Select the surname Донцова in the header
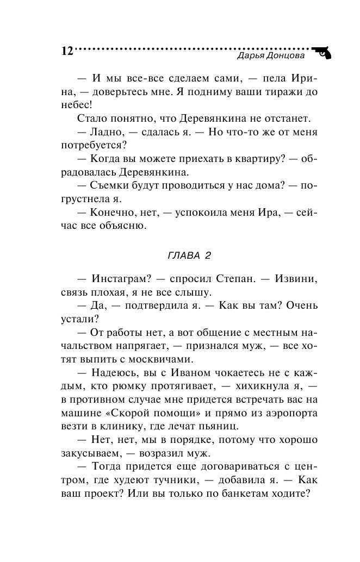286,55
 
